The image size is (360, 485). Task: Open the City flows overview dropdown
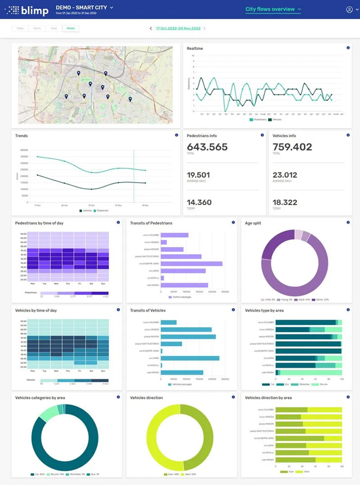[273, 9]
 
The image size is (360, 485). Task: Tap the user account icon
[349, 9]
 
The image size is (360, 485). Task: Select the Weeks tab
[71, 28]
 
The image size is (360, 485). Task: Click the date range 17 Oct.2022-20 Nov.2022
[178, 28]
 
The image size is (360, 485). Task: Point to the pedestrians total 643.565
[207, 147]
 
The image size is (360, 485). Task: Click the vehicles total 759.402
[292, 147]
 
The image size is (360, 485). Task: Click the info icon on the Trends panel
[176, 136]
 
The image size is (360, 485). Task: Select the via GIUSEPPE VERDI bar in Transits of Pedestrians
[191, 263]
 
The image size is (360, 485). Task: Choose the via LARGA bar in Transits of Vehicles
[190, 358]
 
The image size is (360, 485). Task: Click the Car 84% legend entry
[41, 474]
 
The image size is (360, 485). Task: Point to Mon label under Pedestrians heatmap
[33, 284]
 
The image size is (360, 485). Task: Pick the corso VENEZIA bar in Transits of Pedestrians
[163, 242]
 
